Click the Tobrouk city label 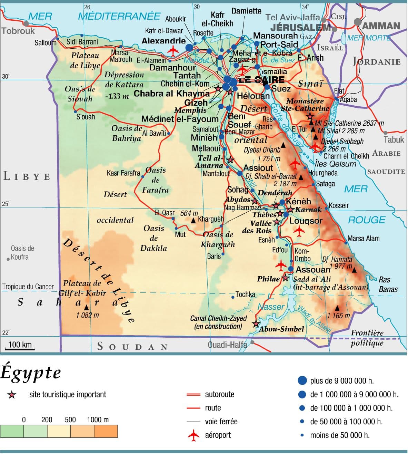18,31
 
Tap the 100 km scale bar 20,346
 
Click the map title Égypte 31,373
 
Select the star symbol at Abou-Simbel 256,324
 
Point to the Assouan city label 313,270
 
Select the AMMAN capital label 381,26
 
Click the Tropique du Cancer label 28,287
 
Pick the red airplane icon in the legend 194,435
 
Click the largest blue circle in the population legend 302,380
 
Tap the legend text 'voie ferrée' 221,422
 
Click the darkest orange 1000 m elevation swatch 106,431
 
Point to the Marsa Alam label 363,239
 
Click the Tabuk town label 394,140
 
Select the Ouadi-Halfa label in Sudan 227,345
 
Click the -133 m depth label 117,97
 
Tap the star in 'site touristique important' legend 12,395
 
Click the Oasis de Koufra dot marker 8,259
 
